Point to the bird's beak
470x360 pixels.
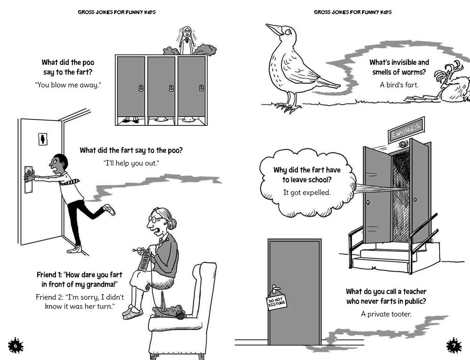(274, 29)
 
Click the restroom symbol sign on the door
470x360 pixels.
(43, 139)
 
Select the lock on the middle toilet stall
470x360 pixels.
(171, 88)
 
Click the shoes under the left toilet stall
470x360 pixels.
(131, 120)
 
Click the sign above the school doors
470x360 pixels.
(407, 130)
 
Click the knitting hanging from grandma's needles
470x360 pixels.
(144, 261)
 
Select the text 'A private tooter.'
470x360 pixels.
(386, 314)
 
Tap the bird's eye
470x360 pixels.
(289, 32)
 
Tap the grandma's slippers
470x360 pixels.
(133, 312)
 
